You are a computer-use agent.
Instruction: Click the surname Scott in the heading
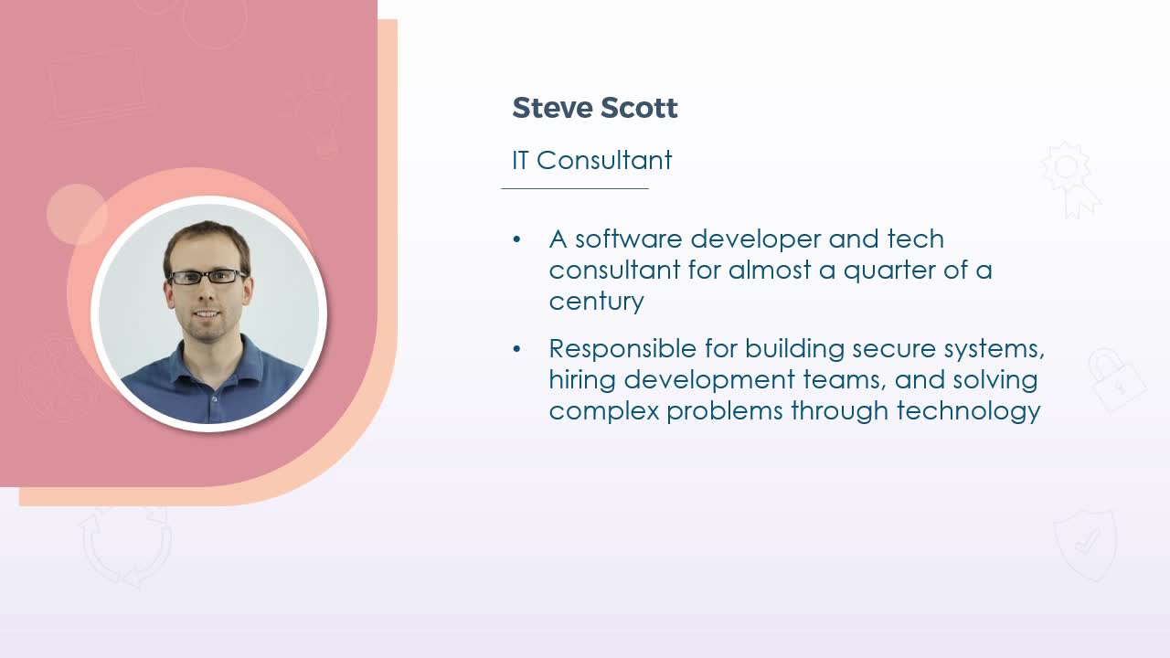pyautogui.click(x=639, y=108)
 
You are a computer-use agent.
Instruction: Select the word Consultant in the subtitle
pyautogui.click(x=604, y=160)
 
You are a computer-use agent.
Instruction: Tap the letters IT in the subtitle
pyautogui.click(x=520, y=160)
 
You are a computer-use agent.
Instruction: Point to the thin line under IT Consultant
pyautogui.click(x=575, y=188)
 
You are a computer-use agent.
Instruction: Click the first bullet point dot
pyautogui.click(x=516, y=239)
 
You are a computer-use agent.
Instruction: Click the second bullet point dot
pyautogui.click(x=516, y=349)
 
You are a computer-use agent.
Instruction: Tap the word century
pyautogui.click(x=597, y=302)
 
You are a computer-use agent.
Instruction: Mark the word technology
pyautogui.click(x=969, y=411)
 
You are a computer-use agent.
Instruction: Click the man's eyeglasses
pyautogui.click(x=207, y=277)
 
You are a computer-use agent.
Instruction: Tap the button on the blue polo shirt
pyautogui.click(x=214, y=399)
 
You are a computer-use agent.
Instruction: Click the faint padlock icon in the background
pyautogui.click(x=1117, y=379)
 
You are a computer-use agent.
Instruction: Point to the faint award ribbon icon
pyautogui.click(x=1069, y=180)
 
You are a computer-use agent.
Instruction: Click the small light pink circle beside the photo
pyautogui.click(x=77, y=214)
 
